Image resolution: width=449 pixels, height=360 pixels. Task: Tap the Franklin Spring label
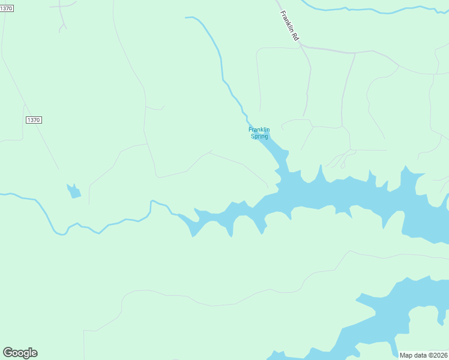[x=259, y=133]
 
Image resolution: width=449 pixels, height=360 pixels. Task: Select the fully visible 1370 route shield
[x=34, y=120]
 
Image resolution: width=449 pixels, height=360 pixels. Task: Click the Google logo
[x=20, y=353]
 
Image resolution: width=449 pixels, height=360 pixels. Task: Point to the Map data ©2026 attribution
[x=423, y=355]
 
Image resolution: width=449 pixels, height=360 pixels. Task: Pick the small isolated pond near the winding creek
[x=73, y=191]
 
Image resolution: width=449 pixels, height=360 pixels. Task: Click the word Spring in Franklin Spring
[x=259, y=136]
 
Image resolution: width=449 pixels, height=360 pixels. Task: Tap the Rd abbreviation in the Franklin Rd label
[x=295, y=36]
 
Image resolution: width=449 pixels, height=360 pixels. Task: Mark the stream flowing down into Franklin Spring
[x=221, y=66]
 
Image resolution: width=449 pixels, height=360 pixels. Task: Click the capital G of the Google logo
[x=8, y=353]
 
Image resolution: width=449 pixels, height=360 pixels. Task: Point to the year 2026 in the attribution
[x=439, y=355]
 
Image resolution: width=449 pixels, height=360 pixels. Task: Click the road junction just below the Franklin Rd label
[x=301, y=46]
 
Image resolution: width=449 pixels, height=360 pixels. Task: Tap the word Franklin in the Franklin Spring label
[x=259, y=129]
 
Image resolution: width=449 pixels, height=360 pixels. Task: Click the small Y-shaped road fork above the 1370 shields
[x=62, y=25]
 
